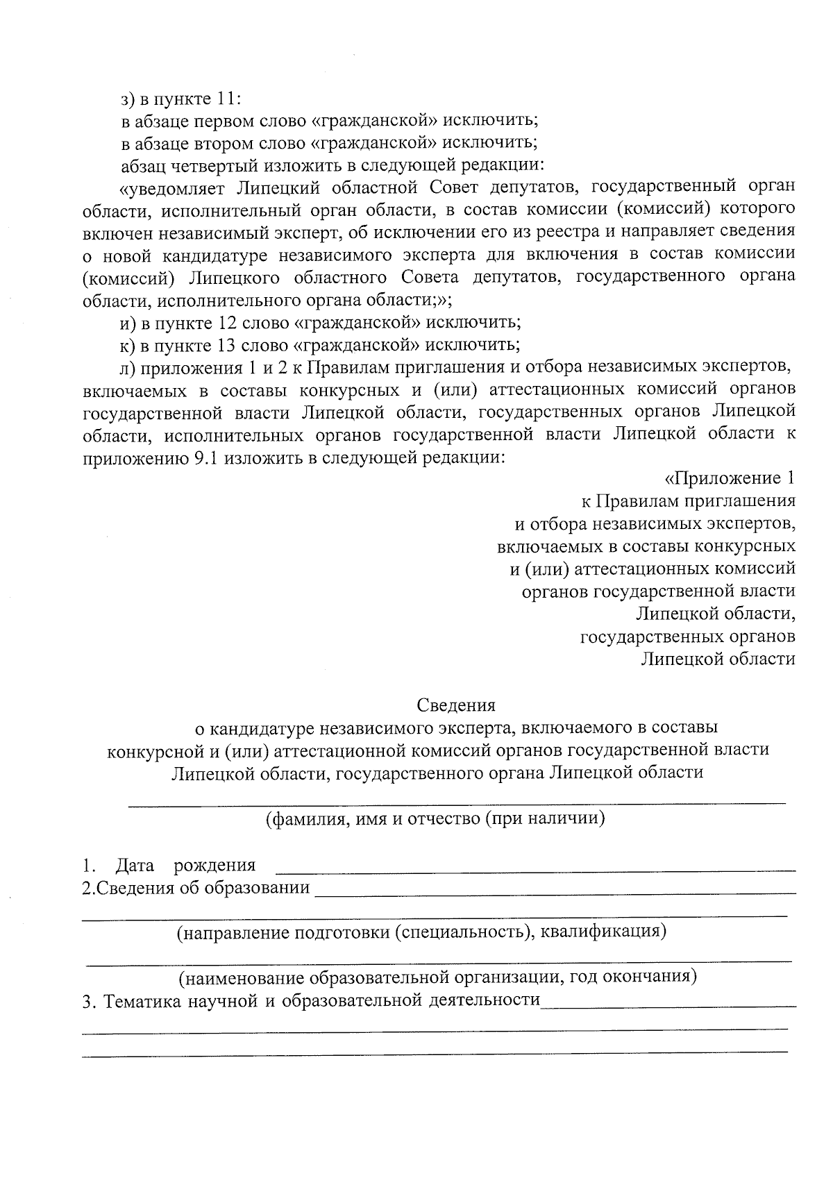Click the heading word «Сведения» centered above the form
pos(456,705)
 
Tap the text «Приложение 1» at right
pos(730,478)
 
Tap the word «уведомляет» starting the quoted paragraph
pos(176,187)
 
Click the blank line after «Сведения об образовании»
pos(555,891)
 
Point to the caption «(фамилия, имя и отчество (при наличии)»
pos(436,818)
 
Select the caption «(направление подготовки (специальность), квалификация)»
pos(421,932)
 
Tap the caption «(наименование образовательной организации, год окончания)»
pos(437,977)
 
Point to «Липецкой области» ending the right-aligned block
pos(717,659)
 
